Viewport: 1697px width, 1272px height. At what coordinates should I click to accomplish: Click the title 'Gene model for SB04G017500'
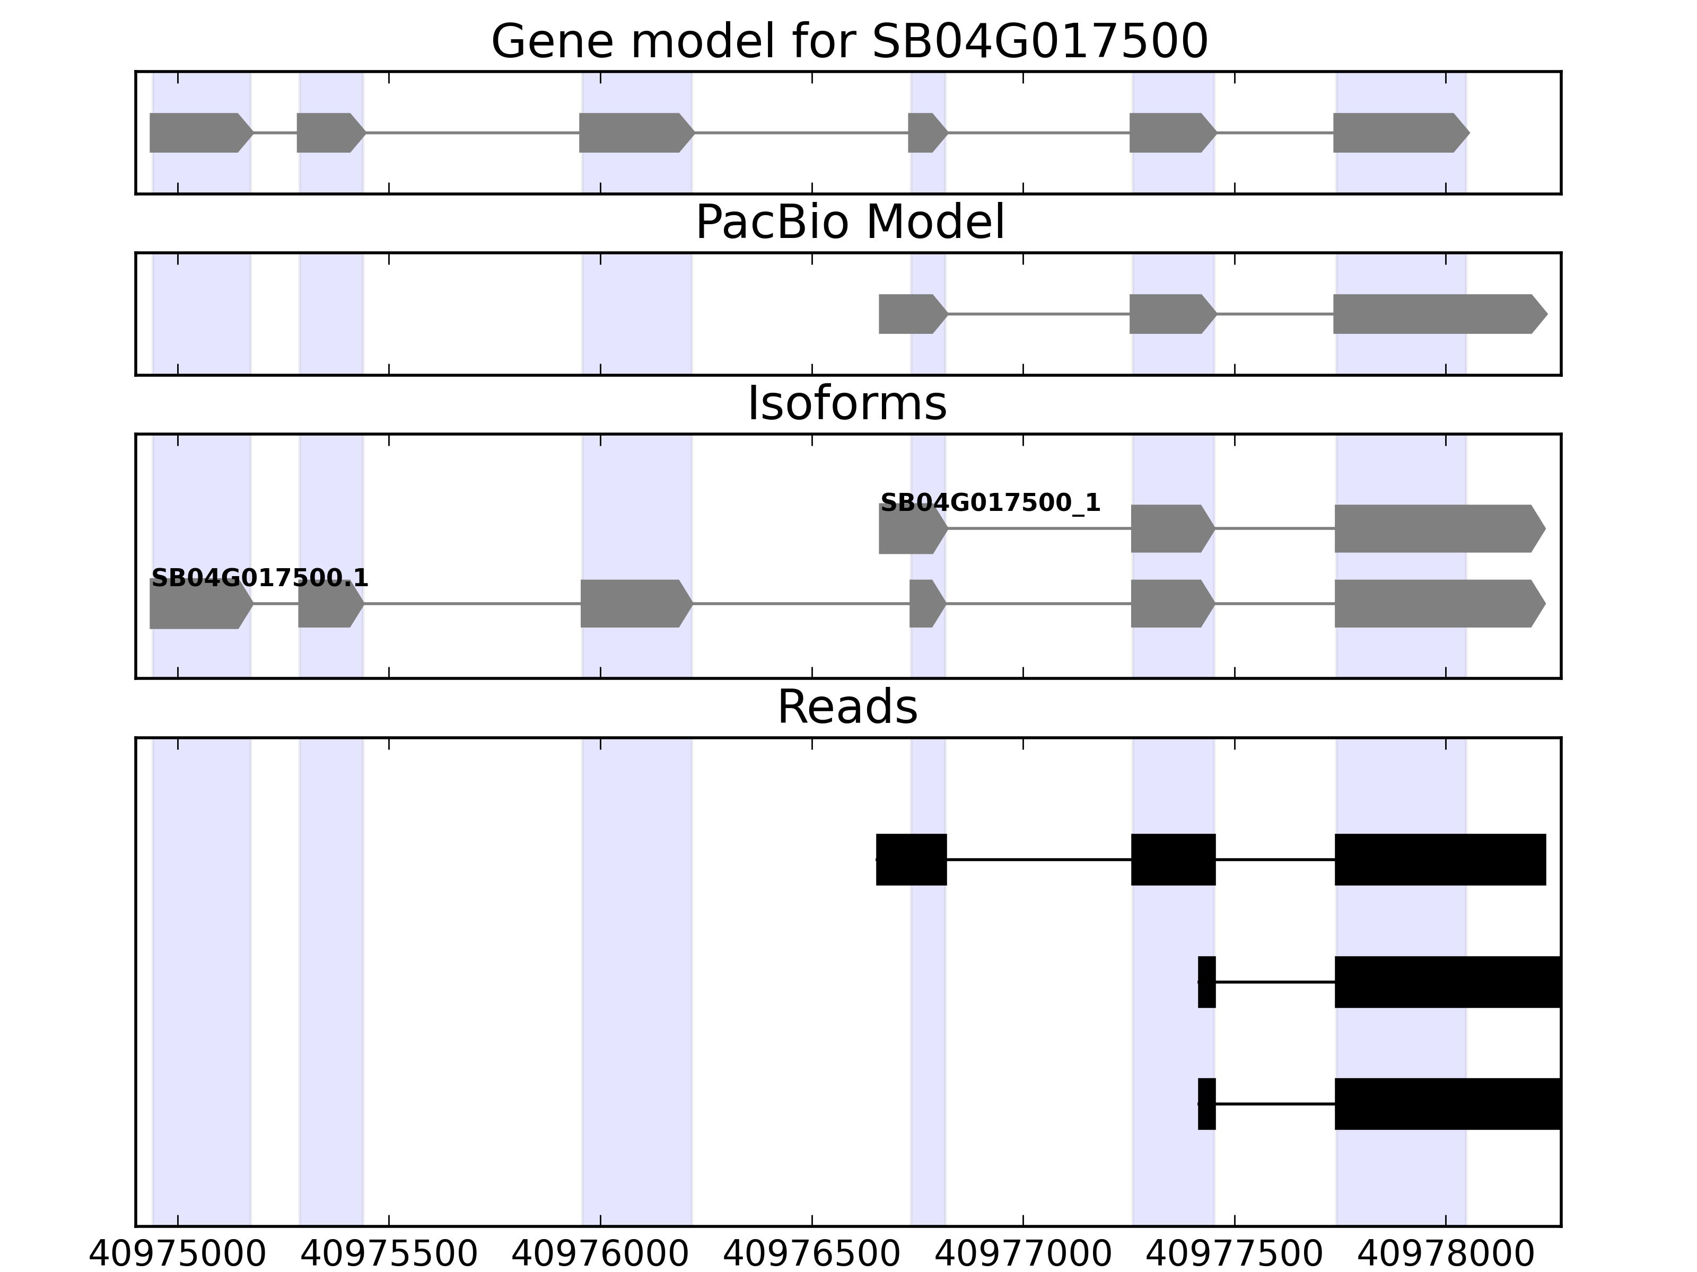(848, 41)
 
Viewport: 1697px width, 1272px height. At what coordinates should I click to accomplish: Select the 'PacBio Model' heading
(849, 223)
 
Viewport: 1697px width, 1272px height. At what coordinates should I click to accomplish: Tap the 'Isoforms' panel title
(847, 404)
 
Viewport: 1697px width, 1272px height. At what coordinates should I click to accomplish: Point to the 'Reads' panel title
(847, 707)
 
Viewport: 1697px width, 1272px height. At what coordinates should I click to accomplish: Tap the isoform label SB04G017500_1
(990, 503)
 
